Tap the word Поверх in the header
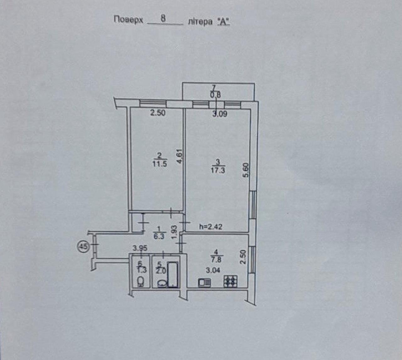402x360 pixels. [x=128, y=20]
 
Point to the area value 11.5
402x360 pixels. [x=160, y=164]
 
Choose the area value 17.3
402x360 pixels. [x=218, y=170]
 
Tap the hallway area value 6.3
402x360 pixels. [x=159, y=237]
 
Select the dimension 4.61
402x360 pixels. [x=180, y=156]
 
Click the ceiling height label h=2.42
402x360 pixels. [x=211, y=226]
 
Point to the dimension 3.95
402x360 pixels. [x=140, y=248]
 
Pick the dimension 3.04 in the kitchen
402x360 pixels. [x=213, y=270]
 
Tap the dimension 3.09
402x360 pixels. [x=220, y=114]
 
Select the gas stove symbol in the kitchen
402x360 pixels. [x=231, y=281]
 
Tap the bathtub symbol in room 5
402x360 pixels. [x=173, y=274]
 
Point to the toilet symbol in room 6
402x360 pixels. [x=141, y=281]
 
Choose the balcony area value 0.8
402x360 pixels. [x=215, y=95]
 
